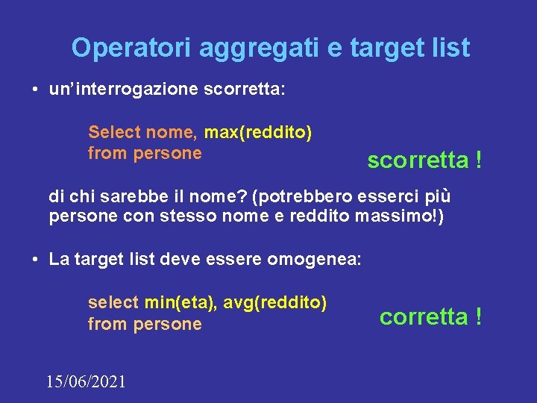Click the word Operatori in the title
(131, 48)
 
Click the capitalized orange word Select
(114, 133)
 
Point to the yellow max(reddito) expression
(258, 133)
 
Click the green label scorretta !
(424, 160)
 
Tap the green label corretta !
(430, 316)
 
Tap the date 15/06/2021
(86, 382)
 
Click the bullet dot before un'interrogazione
(35, 91)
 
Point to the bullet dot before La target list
(35, 260)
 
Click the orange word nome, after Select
(172, 133)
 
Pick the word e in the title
(333, 48)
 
